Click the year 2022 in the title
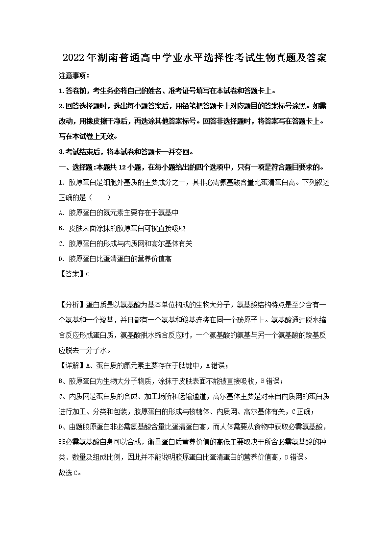pos(73,58)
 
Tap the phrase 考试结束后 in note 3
pos(84,151)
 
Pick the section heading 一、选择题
pos(80,167)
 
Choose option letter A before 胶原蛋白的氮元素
pos(61,213)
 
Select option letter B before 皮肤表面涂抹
pos(61,228)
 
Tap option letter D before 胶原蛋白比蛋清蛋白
pos(61,259)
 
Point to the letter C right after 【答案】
pos(88,274)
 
